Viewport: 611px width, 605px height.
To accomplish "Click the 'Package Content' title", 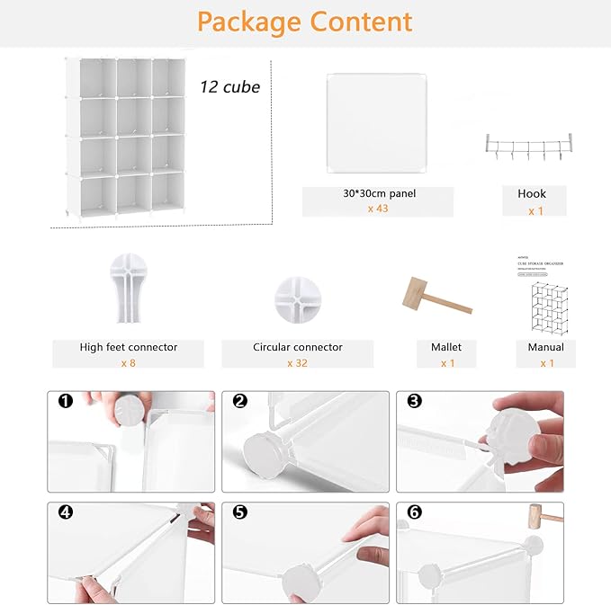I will tap(305, 22).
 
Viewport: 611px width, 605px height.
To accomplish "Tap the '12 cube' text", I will tap(229, 87).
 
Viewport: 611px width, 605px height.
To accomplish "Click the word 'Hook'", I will tap(532, 193).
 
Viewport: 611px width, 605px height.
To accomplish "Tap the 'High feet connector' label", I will tap(128, 347).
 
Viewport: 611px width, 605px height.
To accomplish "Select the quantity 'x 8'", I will tap(128, 362).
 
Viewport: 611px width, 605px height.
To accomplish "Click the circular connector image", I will tap(298, 296).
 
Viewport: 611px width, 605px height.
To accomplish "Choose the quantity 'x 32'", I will tap(298, 362).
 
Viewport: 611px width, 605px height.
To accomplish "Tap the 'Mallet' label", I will tap(447, 347).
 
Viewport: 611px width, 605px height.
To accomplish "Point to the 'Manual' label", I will tap(545, 347).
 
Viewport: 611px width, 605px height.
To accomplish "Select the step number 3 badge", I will tap(414, 401).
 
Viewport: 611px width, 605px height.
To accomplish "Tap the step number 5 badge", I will tap(239, 512).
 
